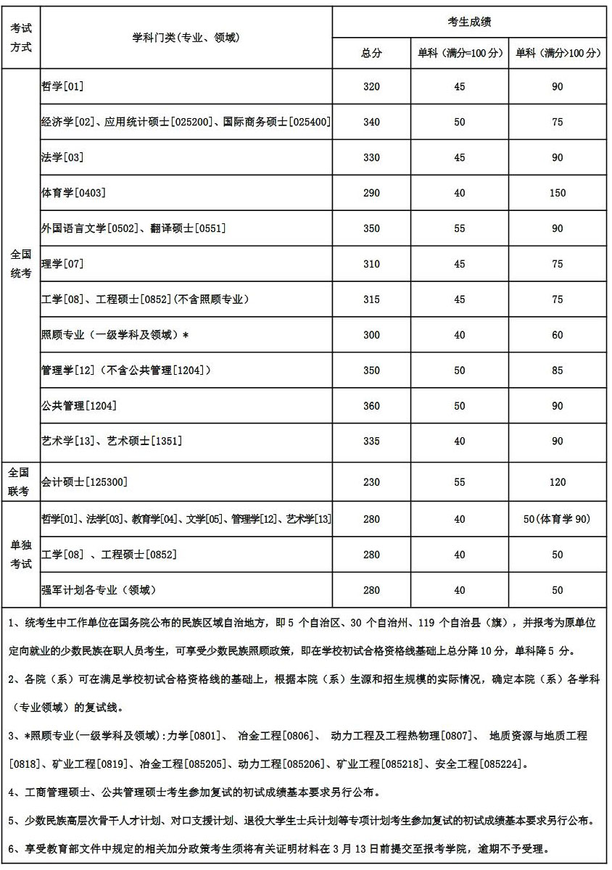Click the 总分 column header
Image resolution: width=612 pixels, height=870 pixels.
pyautogui.click(x=371, y=53)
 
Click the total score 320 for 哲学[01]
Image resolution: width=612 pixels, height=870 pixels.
pyautogui.click(x=371, y=86)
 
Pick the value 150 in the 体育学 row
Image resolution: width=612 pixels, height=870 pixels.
pyautogui.click(x=557, y=193)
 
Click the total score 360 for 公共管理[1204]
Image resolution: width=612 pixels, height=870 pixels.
pyautogui.click(x=371, y=406)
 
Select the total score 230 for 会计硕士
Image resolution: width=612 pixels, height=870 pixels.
pyautogui.click(x=371, y=482)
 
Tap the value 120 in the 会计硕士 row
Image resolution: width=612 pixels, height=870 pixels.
pyautogui.click(x=557, y=482)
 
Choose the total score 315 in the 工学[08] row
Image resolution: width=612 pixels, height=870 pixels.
pyautogui.click(x=371, y=299)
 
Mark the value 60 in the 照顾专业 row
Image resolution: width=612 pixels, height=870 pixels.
pyautogui.click(x=557, y=335)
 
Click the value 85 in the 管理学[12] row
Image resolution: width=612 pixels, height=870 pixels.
pyautogui.click(x=557, y=370)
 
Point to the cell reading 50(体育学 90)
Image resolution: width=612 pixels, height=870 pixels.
pyautogui.click(x=557, y=519)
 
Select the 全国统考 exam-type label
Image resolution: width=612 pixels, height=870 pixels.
pyautogui.click(x=21, y=264)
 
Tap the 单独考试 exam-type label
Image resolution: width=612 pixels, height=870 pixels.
pyautogui.click(x=21, y=554)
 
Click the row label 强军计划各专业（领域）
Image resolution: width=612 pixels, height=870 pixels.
pyautogui.click(x=99, y=590)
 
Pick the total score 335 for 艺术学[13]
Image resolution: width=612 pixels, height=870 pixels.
pyautogui.click(x=371, y=442)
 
